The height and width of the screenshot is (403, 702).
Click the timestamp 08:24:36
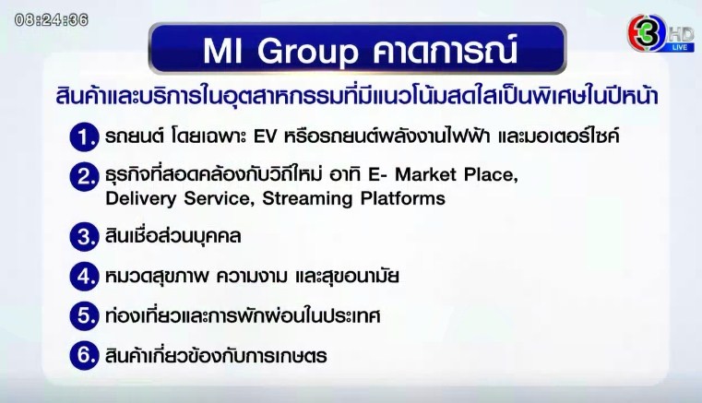click(51, 19)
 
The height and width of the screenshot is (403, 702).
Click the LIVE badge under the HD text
click(681, 46)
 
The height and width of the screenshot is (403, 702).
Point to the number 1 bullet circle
click(85, 137)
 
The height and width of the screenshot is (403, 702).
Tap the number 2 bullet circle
click(85, 177)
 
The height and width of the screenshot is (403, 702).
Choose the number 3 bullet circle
click(85, 236)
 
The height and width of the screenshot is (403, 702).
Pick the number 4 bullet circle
click(85, 276)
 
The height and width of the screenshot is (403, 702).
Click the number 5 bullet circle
click(85, 315)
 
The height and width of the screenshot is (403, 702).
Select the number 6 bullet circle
click(85, 355)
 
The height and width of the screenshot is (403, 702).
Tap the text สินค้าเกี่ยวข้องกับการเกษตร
click(216, 355)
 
